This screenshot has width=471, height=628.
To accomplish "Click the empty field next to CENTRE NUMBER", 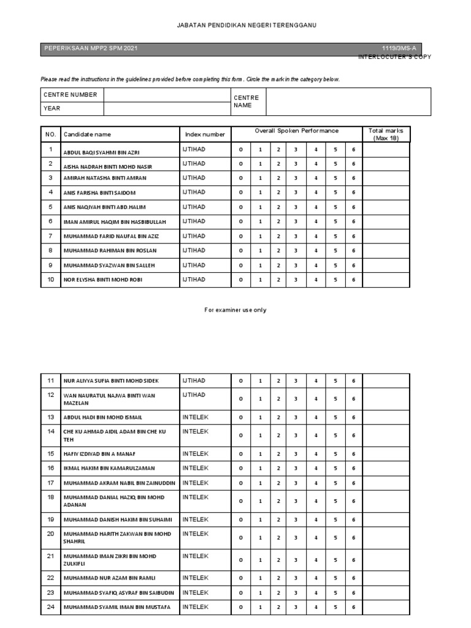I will [167, 94].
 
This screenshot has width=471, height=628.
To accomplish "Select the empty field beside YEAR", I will [167, 109].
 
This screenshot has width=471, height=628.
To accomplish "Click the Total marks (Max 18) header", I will [386, 134].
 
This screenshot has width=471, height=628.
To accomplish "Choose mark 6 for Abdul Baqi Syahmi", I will [353, 150].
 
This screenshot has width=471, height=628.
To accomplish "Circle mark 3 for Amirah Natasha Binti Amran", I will [296, 178].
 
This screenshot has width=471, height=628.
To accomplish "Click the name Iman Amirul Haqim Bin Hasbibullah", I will [115, 222].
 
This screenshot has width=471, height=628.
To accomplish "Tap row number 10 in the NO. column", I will [50, 279].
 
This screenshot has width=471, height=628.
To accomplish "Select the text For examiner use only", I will [235, 310].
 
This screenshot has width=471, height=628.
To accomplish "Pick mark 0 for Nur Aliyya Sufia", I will [240, 381].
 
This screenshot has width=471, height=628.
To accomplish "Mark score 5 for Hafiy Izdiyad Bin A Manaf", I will [335, 454].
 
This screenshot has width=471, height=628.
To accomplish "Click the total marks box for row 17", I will [386, 483].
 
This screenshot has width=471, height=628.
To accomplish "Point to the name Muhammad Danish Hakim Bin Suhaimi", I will [117, 520].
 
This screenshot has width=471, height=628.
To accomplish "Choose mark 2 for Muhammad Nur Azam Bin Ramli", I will [278, 578].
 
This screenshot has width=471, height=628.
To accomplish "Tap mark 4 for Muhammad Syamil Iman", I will [316, 608].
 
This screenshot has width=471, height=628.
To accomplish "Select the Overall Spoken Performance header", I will [296, 131].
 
